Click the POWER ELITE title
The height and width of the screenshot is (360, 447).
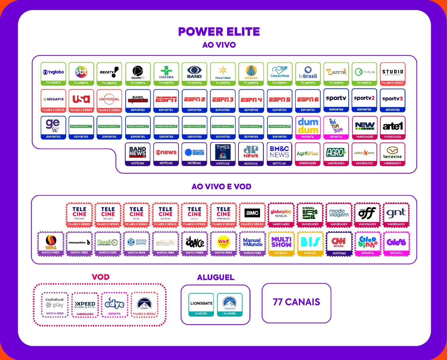point(219,32)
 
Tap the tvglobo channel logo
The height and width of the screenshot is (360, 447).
point(53,72)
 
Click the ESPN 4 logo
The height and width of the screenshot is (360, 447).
point(251,100)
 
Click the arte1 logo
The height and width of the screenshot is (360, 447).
point(392,126)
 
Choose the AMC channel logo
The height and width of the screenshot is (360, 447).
point(252,213)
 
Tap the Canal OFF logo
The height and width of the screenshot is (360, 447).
point(367,213)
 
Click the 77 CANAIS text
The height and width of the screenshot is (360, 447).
point(296,302)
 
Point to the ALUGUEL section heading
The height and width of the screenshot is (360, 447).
point(215,277)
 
